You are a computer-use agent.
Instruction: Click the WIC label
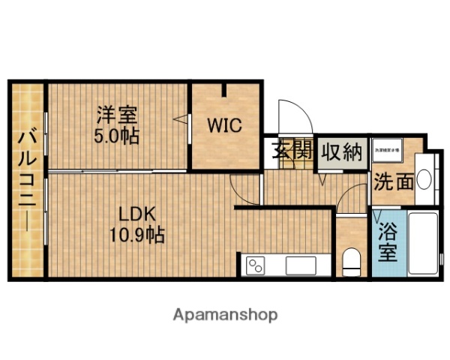tap(225, 125)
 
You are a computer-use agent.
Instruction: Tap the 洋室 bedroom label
tap(116, 116)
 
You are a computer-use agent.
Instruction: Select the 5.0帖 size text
tap(116, 137)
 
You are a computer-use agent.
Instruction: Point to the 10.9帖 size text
tap(136, 234)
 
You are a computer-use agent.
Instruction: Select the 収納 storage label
tap(341, 151)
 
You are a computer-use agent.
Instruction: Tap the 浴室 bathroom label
tap(388, 241)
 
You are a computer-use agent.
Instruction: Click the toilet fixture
tap(351, 262)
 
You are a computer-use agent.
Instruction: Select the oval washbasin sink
tap(424, 180)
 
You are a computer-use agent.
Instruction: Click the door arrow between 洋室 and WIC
tap(180, 118)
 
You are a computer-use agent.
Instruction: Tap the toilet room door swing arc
tap(349, 201)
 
